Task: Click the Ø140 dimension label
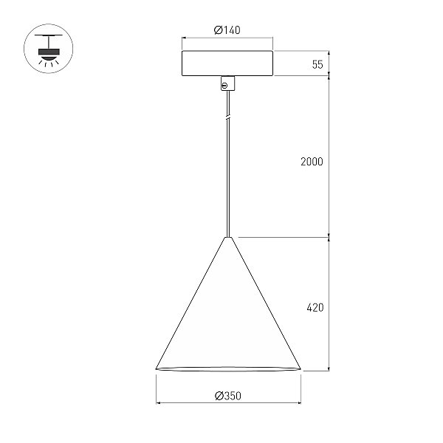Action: (x=227, y=30)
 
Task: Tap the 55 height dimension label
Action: (x=317, y=64)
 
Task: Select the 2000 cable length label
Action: (x=312, y=162)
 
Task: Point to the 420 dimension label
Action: (x=315, y=307)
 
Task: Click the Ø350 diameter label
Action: (x=228, y=396)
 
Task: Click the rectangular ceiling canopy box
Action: (x=227, y=63)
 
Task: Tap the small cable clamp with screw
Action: (x=227, y=83)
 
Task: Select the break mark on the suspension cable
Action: (x=228, y=117)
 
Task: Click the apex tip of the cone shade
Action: (x=228, y=237)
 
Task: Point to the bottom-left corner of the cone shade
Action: (x=157, y=368)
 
